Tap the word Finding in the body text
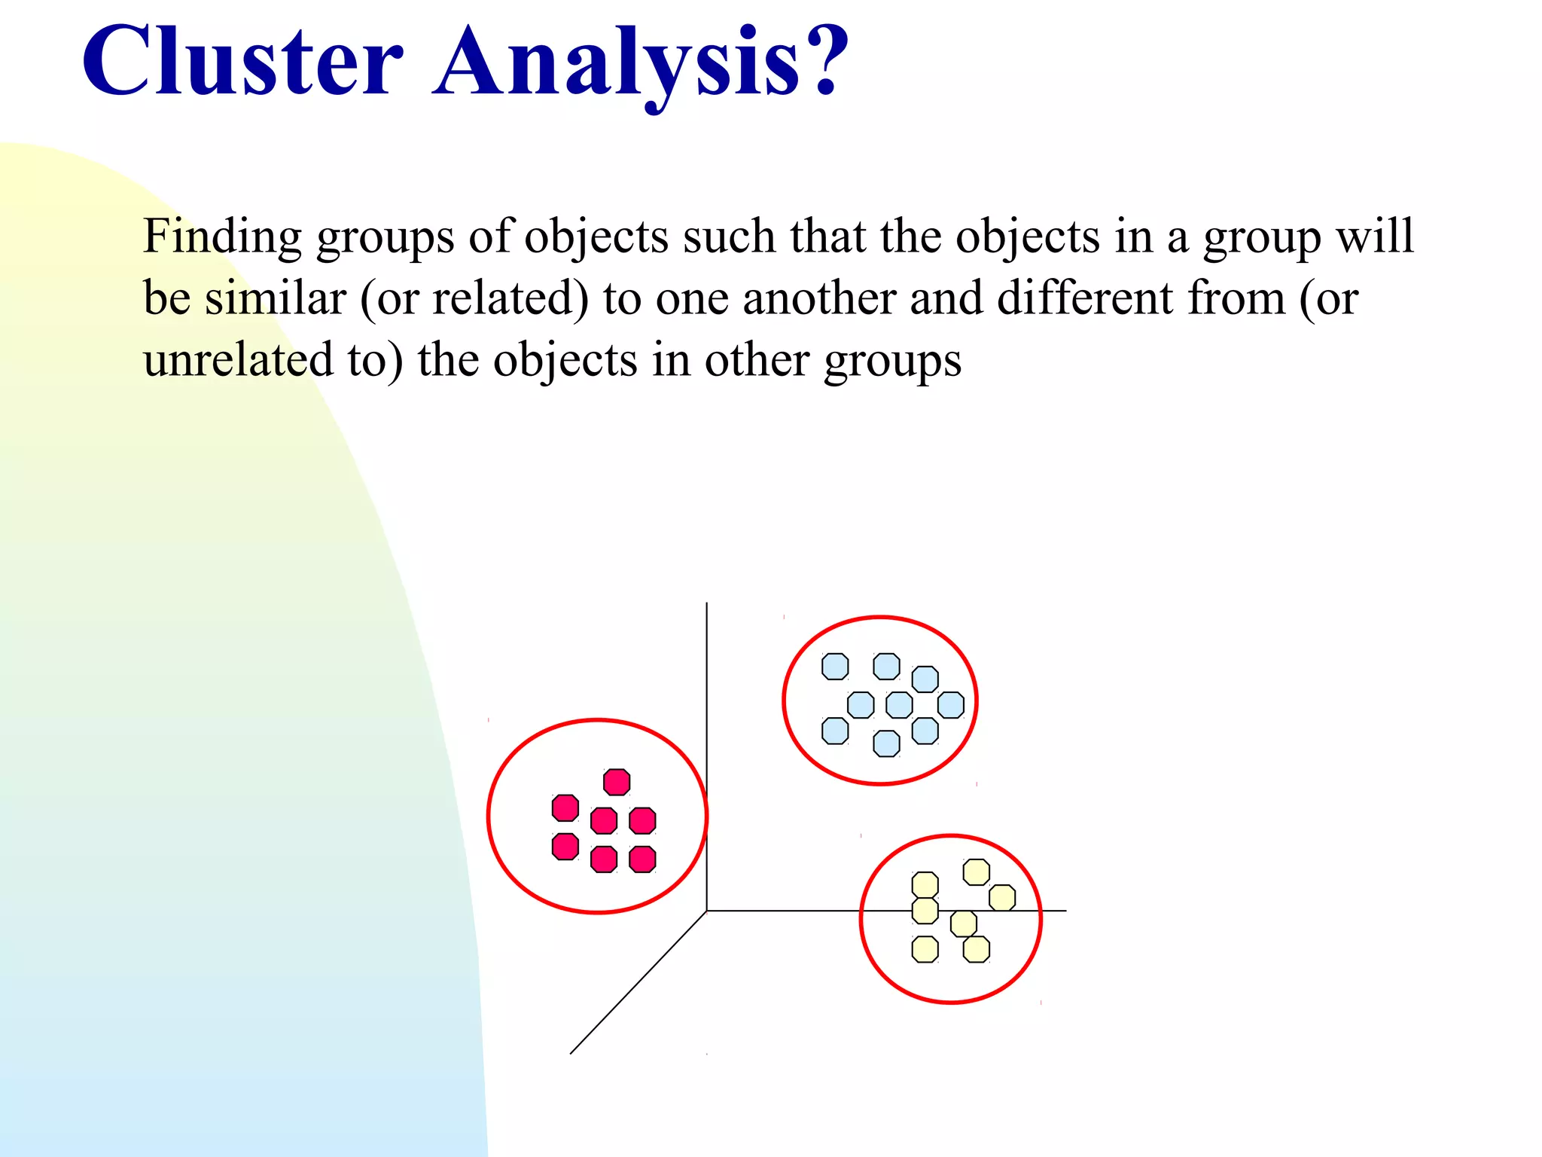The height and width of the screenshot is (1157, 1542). coord(223,237)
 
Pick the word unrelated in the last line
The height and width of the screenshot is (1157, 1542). coord(238,360)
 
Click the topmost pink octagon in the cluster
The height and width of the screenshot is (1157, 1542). coord(617,782)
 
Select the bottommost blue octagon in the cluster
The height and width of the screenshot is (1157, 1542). coord(886,743)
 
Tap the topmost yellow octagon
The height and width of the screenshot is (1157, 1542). coord(977,872)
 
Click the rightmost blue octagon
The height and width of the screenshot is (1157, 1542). coord(951,705)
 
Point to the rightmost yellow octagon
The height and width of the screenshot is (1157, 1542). coord(1002,898)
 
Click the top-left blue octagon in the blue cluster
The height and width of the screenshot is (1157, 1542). coord(835,667)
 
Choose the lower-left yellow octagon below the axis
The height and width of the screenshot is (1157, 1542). coord(925,949)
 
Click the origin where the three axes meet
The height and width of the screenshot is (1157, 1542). coord(706,911)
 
